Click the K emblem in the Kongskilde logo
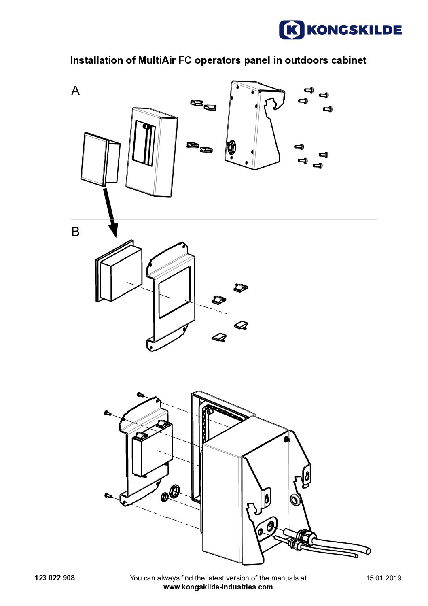coord(291,30)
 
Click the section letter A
coord(75,91)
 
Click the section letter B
coord(75,232)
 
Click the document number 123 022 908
coord(55,578)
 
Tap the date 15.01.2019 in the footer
coord(384,578)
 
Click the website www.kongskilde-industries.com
coord(218,587)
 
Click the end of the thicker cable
coord(367,551)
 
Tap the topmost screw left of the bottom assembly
coord(140,394)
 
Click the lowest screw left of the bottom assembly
coord(108,495)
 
